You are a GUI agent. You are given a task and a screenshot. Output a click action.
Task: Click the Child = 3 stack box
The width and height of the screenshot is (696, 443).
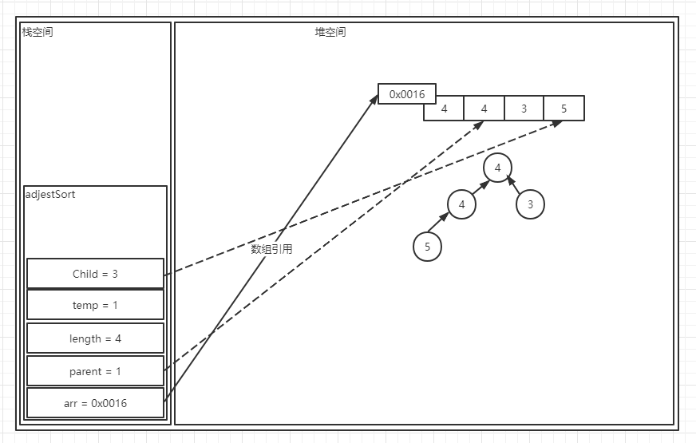[x=95, y=274]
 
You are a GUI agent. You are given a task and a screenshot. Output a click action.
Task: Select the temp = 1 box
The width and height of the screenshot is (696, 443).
[x=95, y=305]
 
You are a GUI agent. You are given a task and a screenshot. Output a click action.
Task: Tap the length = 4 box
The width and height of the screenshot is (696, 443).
[x=95, y=338]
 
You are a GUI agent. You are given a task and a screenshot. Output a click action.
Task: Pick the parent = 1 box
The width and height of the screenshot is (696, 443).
[x=95, y=371]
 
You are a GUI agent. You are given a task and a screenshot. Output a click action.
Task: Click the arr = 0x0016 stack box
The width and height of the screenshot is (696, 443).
[x=95, y=403]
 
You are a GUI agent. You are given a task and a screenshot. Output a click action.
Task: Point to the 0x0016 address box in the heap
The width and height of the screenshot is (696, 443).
[x=407, y=94]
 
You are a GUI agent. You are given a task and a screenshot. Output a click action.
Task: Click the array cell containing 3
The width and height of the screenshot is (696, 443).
[x=524, y=109]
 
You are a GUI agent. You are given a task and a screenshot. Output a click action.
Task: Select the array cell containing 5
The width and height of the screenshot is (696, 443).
[x=564, y=109]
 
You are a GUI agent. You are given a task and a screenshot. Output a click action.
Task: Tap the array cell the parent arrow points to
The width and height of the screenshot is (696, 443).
[x=484, y=109]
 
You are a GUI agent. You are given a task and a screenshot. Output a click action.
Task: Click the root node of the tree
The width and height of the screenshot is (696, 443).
[x=497, y=168]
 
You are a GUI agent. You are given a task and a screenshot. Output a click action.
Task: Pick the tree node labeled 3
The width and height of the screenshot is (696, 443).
[x=530, y=204]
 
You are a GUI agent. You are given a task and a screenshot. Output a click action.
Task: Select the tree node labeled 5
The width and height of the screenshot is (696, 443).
[x=427, y=247]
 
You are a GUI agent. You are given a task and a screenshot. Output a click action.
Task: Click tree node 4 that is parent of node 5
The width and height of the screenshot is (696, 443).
[x=461, y=204]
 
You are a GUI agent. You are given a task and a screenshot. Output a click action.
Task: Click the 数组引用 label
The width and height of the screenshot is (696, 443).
[x=271, y=249]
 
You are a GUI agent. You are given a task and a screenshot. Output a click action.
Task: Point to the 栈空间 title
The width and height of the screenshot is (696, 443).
[x=38, y=33]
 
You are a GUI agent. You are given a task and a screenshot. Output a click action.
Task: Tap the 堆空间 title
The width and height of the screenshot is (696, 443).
[x=330, y=33]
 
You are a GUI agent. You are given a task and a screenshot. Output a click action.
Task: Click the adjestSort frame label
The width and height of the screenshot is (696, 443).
[x=50, y=195]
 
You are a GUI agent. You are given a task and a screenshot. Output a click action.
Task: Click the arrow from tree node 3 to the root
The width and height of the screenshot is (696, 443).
[x=515, y=185]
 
